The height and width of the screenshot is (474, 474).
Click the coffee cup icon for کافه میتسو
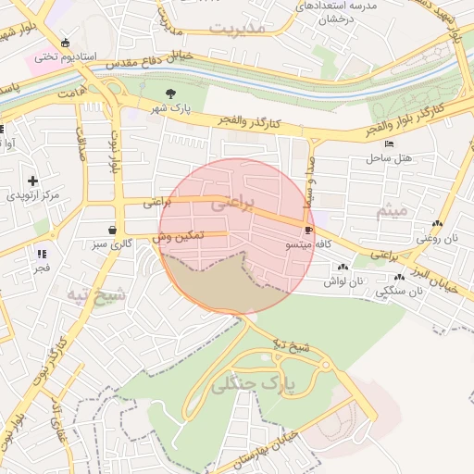click(x=308, y=229)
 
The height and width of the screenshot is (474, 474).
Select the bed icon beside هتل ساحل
click(x=389, y=143)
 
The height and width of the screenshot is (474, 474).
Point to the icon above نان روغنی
click(x=437, y=223)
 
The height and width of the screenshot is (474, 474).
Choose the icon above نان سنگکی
click(x=399, y=277)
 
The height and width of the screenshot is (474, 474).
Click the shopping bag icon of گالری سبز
click(x=112, y=230)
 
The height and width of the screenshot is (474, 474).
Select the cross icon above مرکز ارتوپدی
click(x=33, y=181)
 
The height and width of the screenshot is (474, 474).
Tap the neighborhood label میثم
click(x=392, y=212)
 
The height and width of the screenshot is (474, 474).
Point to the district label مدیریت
click(x=237, y=28)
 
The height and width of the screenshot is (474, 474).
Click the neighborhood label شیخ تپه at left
click(x=95, y=296)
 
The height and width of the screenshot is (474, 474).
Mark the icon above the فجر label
click(x=42, y=253)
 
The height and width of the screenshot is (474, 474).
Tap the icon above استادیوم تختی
click(x=64, y=43)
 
